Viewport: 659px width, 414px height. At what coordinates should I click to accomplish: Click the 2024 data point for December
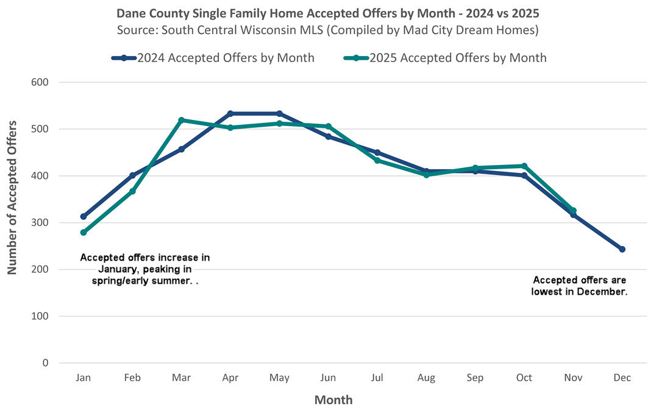pyautogui.click(x=622, y=249)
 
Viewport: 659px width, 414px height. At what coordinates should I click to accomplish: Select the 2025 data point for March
pyautogui.click(x=181, y=121)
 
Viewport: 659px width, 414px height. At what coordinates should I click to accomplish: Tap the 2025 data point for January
pyautogui.click(x=84, y=233)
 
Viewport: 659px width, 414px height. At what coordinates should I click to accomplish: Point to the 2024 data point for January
pyautogui.click(x=84, y=217)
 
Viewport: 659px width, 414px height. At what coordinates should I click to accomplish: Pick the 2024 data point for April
pyautogui.click(x=230, y=114)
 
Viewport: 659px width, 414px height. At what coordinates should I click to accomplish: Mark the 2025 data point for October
pyautogui.click(x=524, y=166)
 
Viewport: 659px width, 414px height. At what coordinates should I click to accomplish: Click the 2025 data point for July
pyautogui.click(x=377, y=160)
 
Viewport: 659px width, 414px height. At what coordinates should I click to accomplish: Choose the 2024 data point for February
pyautogui.click(x=132, y=175)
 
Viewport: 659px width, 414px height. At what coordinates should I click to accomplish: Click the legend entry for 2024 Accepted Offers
pyautogui.click(x=213, y=58)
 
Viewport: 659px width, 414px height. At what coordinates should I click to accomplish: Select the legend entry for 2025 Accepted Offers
pyautogui.click(x=446, y=58)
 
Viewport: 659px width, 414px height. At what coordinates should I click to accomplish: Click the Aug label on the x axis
pyautogui.click(x=426, y=378)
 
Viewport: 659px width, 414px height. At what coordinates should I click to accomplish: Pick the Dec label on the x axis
pyautogui.click(x=622, y=378)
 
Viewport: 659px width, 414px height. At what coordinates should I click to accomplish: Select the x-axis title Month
pyautogui.click(x=333, y=400)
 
